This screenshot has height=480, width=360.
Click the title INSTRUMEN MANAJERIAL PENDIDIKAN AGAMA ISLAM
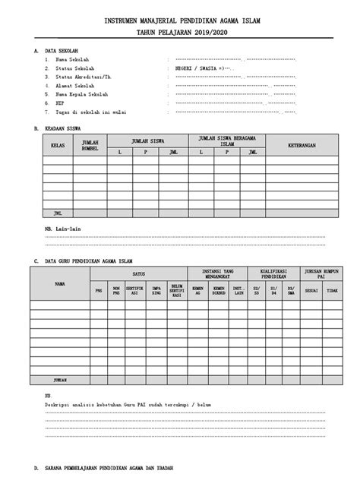[x=180, y=22]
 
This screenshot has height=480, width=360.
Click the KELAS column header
[x=57, y=144]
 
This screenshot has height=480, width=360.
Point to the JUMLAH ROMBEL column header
[x=90, y=144]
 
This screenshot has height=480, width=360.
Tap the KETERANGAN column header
[x=300, y=144]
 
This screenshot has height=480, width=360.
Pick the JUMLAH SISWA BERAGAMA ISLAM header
[x=228, y=140]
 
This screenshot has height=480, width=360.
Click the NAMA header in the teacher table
[x=60, y=283]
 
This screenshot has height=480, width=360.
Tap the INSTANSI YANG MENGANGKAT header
[x=217, y=273]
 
